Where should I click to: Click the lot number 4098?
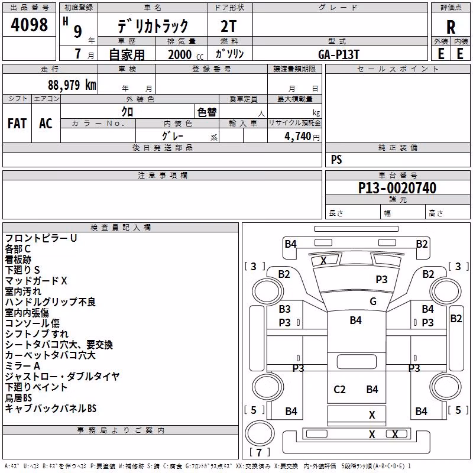tap(29, 25)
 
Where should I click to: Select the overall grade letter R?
tap(451, 27)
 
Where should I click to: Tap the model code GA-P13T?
tap(338, 54)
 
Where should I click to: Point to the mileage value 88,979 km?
tap(72, 85)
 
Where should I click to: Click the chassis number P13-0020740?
tap(397, 188)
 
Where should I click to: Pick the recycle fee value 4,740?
tap(297, 136)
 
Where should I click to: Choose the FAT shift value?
tap(17, 124)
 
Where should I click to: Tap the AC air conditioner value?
tap(46, 124)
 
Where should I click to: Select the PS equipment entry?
tap(336, 159)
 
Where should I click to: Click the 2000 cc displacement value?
tap(186, 54)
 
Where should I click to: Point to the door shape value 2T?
tap(228, 26)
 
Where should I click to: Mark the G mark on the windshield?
tap(373, 302)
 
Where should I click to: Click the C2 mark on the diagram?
tap(339, 390)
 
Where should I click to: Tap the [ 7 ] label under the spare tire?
tap(259, 452)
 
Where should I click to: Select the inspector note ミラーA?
tap(22, 366)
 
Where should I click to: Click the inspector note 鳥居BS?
tap(18, 398)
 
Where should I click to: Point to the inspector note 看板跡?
tap(18, 260)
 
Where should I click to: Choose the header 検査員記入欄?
tap(121, 228)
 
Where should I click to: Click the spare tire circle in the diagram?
tap(260, 433)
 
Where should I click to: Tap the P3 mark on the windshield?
tap(381, 279)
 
